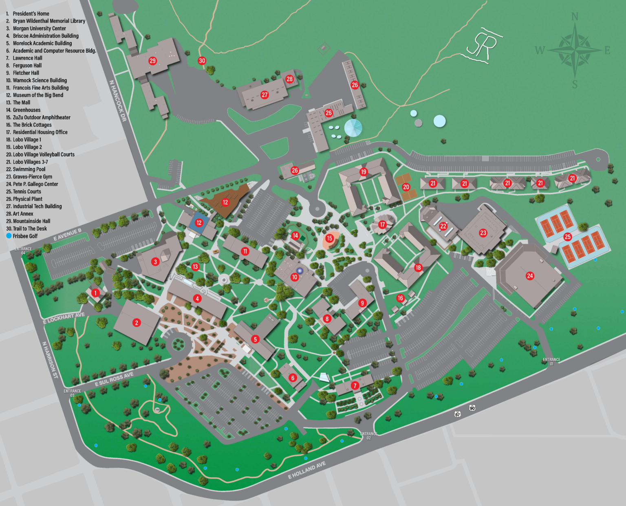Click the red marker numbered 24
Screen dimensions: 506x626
click(x=530, y=276)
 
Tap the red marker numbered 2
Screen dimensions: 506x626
click(x=137, y=323)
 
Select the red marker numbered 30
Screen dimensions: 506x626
click(x=202, y=61)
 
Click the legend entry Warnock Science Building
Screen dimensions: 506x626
click(x=40, y=80)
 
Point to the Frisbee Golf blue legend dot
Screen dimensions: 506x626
click(x=9, y=236)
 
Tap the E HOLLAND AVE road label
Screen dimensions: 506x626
click(x=307, y=470)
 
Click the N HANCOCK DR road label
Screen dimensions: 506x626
click(x=118, y=101)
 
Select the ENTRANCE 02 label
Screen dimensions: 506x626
click(x=368, y=436)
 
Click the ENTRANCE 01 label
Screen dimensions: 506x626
click(x=551, y=361)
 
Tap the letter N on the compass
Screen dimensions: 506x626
click(x=575, y=17)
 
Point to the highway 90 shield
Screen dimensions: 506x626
click(x=472, y=408)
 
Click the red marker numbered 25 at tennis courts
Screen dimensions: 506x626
click(x=567, y=237)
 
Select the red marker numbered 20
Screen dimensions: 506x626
click(x=406, y=187)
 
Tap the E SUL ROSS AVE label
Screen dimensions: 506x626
click(x=114, y=379)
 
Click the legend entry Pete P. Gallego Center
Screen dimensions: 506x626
click(x=35, y=184)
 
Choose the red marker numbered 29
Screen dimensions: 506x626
click(x=152, y=61)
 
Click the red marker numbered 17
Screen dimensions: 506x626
click(x=382, y=224)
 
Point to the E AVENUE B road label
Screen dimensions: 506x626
click(x=67, y=234)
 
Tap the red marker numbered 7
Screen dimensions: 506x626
click(x=355, y=385)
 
